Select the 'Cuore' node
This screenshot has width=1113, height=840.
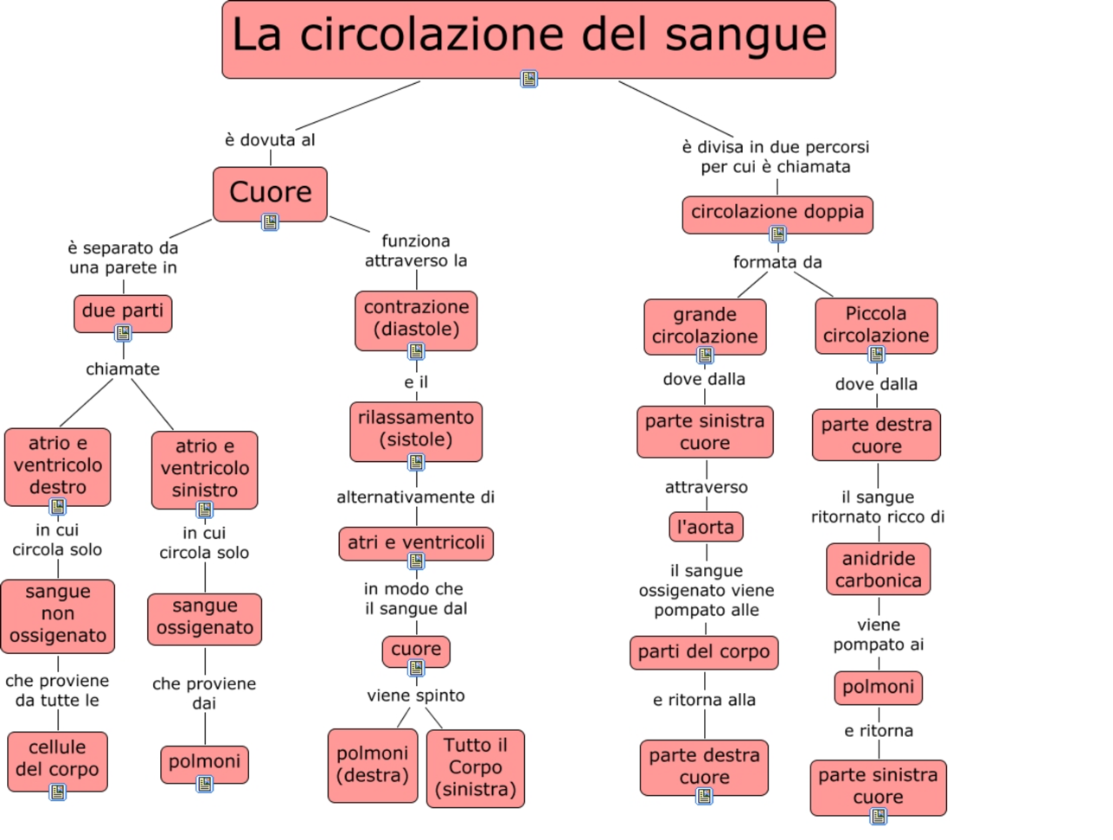[270, 192]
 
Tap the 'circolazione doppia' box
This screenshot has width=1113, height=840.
[777, 213]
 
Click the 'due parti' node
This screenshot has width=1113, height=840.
[123, 311]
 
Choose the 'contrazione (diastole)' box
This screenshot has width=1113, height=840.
[416, 318]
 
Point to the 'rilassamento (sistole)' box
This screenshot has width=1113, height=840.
[416, 429]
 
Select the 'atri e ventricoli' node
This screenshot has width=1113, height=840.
[416, 543]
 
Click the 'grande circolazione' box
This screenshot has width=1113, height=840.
[705, 325]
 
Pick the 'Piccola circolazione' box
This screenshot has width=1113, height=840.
[876, 324]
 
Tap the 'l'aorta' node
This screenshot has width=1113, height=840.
[705, 527]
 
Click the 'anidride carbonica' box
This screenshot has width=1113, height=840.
[878, 569]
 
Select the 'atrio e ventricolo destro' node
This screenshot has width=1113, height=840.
[57, 465]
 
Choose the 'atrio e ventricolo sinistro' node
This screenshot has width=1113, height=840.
[204, 468]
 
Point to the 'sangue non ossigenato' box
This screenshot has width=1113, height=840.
[57, 614]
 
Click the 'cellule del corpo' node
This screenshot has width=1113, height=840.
[57, 759]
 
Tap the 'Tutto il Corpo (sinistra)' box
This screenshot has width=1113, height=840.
[476, 767]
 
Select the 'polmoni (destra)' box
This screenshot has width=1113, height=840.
[372, 765]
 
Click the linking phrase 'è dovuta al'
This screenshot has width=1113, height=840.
[270, 140]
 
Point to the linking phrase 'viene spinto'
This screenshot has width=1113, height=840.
[416, 696]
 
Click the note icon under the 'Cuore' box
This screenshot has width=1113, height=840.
[270, 222]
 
